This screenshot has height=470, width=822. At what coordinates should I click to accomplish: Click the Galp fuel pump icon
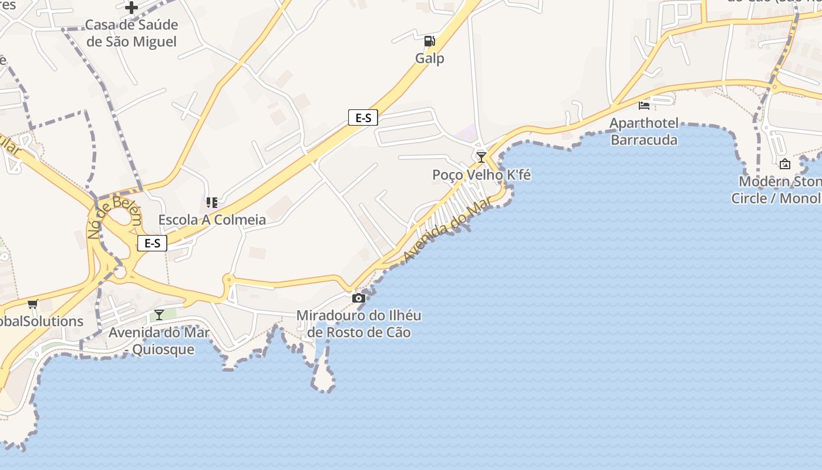pos(430,41)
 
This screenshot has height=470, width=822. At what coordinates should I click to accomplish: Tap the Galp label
pos(430,58)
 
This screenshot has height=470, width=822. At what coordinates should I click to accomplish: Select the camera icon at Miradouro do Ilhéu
pos(358,298)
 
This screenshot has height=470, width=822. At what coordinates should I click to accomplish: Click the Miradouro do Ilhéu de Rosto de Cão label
pos(359,324)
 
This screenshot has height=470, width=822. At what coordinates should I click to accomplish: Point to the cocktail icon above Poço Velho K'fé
pos(481,157)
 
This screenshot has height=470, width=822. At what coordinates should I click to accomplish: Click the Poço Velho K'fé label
pos(481,174)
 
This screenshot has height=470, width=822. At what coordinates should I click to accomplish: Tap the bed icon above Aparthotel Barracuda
pos(644,105)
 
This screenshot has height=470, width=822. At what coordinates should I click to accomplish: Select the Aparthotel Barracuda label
pos(644,132)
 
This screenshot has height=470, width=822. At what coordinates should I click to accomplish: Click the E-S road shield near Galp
pos(363,117)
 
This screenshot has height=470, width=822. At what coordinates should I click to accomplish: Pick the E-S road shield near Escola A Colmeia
pos(152,243)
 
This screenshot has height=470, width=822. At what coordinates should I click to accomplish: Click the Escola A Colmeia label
pos(212,220)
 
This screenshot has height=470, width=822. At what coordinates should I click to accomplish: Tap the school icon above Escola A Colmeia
pos(212,203)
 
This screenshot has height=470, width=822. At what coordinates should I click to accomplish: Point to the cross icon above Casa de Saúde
pos(132,8)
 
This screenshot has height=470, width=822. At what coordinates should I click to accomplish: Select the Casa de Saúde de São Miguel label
pos(132,33)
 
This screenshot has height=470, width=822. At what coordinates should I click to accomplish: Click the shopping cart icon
pos(33,304)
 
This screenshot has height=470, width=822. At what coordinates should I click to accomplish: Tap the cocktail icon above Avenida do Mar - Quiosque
pos(159,314)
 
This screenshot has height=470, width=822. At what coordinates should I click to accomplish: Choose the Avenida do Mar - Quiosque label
pos(159,341)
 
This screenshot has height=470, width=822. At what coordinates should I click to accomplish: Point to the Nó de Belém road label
pos(115,217)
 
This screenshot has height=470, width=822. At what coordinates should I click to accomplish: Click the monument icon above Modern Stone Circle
pos(785,164)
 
